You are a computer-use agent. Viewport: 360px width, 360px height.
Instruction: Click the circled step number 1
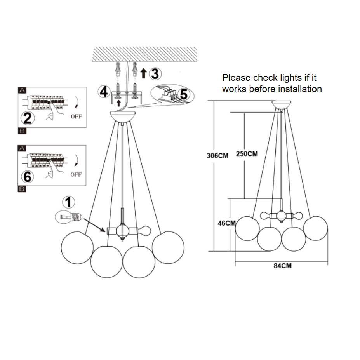(68, 202)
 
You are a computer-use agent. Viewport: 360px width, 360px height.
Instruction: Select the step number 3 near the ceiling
(155, 73)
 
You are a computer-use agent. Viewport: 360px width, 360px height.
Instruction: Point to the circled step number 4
(103, 92)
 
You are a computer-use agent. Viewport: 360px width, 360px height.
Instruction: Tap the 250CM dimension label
(247, 154)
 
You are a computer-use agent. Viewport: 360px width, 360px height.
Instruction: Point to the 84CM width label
(282, 266)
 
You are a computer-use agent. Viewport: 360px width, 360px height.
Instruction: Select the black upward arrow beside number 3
(143, 73)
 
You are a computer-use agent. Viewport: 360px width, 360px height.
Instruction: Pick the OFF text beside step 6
(76, 175)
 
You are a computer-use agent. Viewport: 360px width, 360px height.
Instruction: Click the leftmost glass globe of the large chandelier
(77, 247)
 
